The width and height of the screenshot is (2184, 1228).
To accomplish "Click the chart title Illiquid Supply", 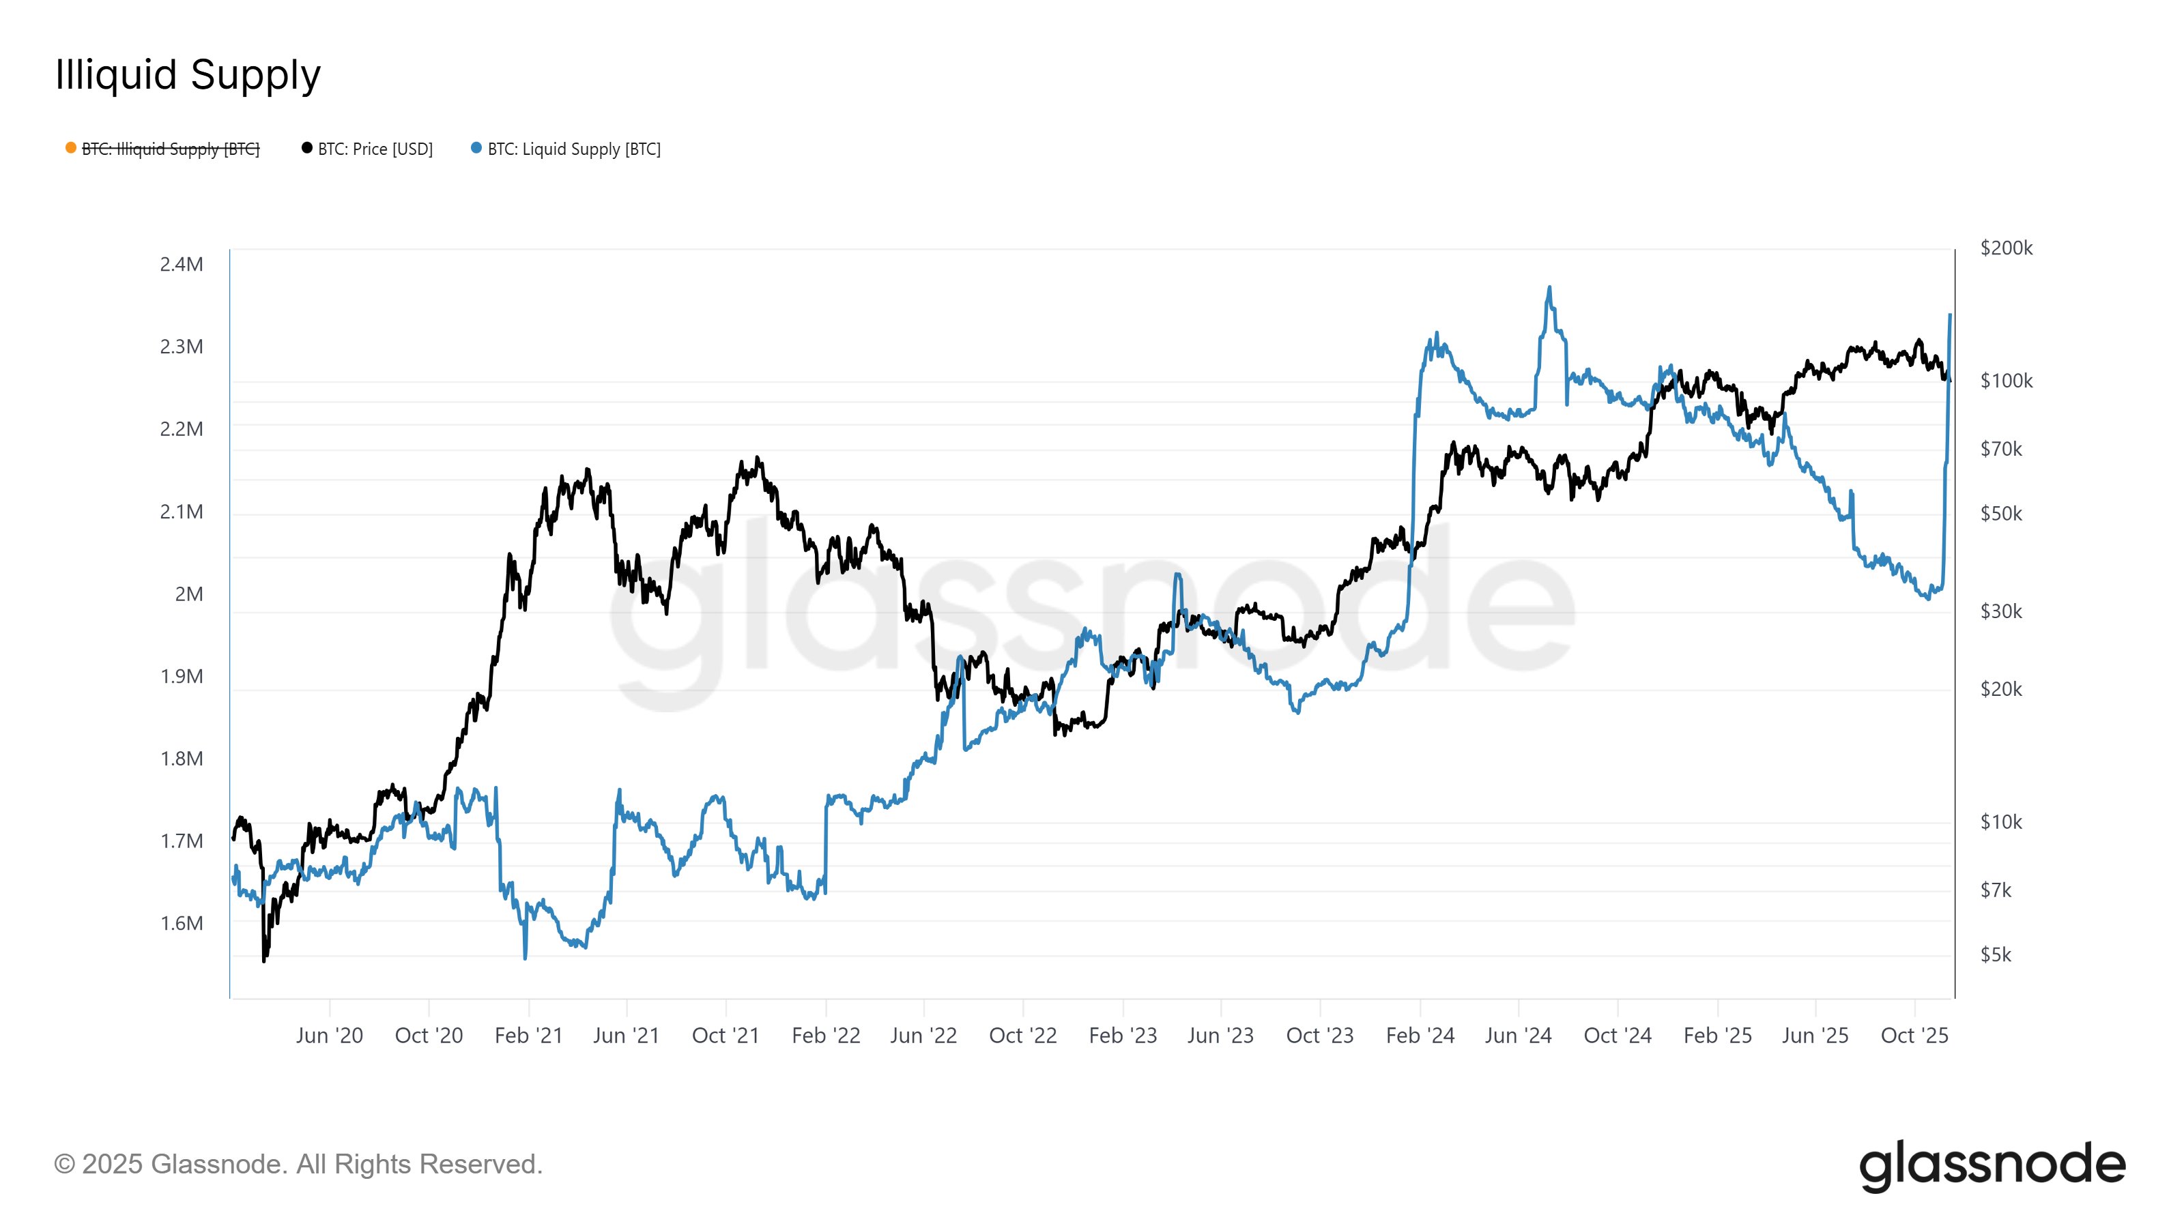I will coord(188,74).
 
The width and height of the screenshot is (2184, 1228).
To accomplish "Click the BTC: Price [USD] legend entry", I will coord(375,149).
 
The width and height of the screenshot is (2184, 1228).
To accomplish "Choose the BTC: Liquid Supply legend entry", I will coord(574,149).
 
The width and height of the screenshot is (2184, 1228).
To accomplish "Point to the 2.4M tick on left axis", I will coord(182,265).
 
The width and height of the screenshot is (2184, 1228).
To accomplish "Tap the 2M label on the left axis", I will coord(189,594).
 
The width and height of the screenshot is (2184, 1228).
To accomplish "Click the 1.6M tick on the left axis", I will coord(182,924).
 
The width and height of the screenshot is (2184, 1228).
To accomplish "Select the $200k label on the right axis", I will coord(2006,248).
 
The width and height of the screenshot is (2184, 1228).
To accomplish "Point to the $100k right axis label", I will coord(2006,381).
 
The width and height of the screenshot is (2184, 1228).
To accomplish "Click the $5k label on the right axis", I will coord(1995,955).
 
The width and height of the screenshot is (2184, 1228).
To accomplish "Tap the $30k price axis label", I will coord(2001,611).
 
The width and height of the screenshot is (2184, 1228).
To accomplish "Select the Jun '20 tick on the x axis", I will coord(329,1036).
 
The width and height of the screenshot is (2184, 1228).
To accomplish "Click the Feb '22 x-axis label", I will coord(826,1036).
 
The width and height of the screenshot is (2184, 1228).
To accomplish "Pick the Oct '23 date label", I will coord(1320,1036).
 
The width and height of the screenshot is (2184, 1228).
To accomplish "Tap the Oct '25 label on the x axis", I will coord(1914,1036).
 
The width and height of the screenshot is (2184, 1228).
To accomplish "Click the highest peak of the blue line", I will coord(1549,288).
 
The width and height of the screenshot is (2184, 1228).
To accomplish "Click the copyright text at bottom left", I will coord(298,1165).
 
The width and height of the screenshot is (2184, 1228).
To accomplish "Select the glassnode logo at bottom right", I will coord(1992,1166).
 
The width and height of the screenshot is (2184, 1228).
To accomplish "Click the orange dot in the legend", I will coord(71,148).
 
